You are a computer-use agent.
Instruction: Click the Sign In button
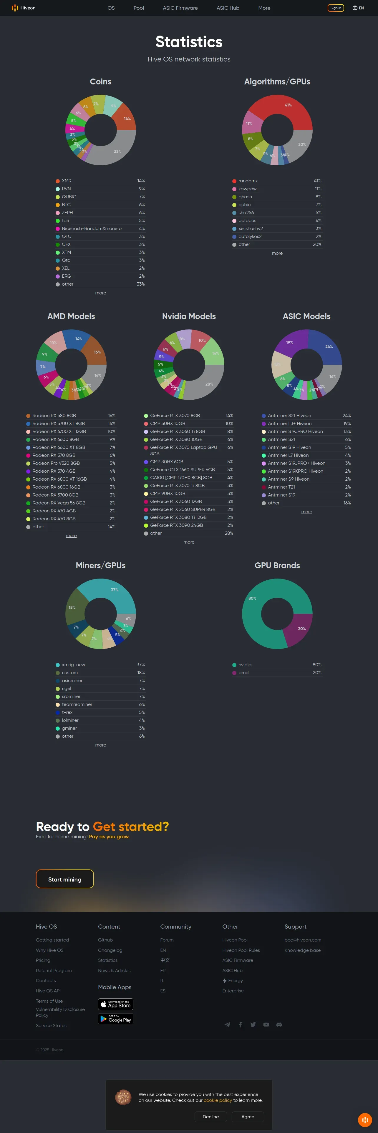pyautogui.click(x=336, y=8)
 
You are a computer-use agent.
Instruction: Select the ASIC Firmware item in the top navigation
pyautogui.click(x=180, y=8)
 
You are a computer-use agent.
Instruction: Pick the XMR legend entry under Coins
pyautogui.click(x=67, y=181)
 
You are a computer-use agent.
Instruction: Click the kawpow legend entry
pyautogui.click(x=247, y=189)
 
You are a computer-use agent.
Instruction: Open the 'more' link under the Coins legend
pyautogui.click(x=100, y=293)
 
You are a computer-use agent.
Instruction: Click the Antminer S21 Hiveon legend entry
pyautogui.click(x=289, y=416)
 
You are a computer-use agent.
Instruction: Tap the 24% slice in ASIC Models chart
pyautogui.click(x=328, y=347)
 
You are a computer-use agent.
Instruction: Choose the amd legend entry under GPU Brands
pyautogui.click(x=243, y=672)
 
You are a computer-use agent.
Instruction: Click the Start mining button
pyautogui.click(x=65, y=879)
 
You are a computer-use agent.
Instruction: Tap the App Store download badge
pyautogui.click(x=115, y=1004)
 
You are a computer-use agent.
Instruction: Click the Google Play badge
pyautogui.click(x=115, y=1019)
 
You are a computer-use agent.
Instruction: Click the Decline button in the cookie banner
pyautogui.click(x=210, y=1117)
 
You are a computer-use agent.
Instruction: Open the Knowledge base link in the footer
pyautogui.click(x=302, y=950)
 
